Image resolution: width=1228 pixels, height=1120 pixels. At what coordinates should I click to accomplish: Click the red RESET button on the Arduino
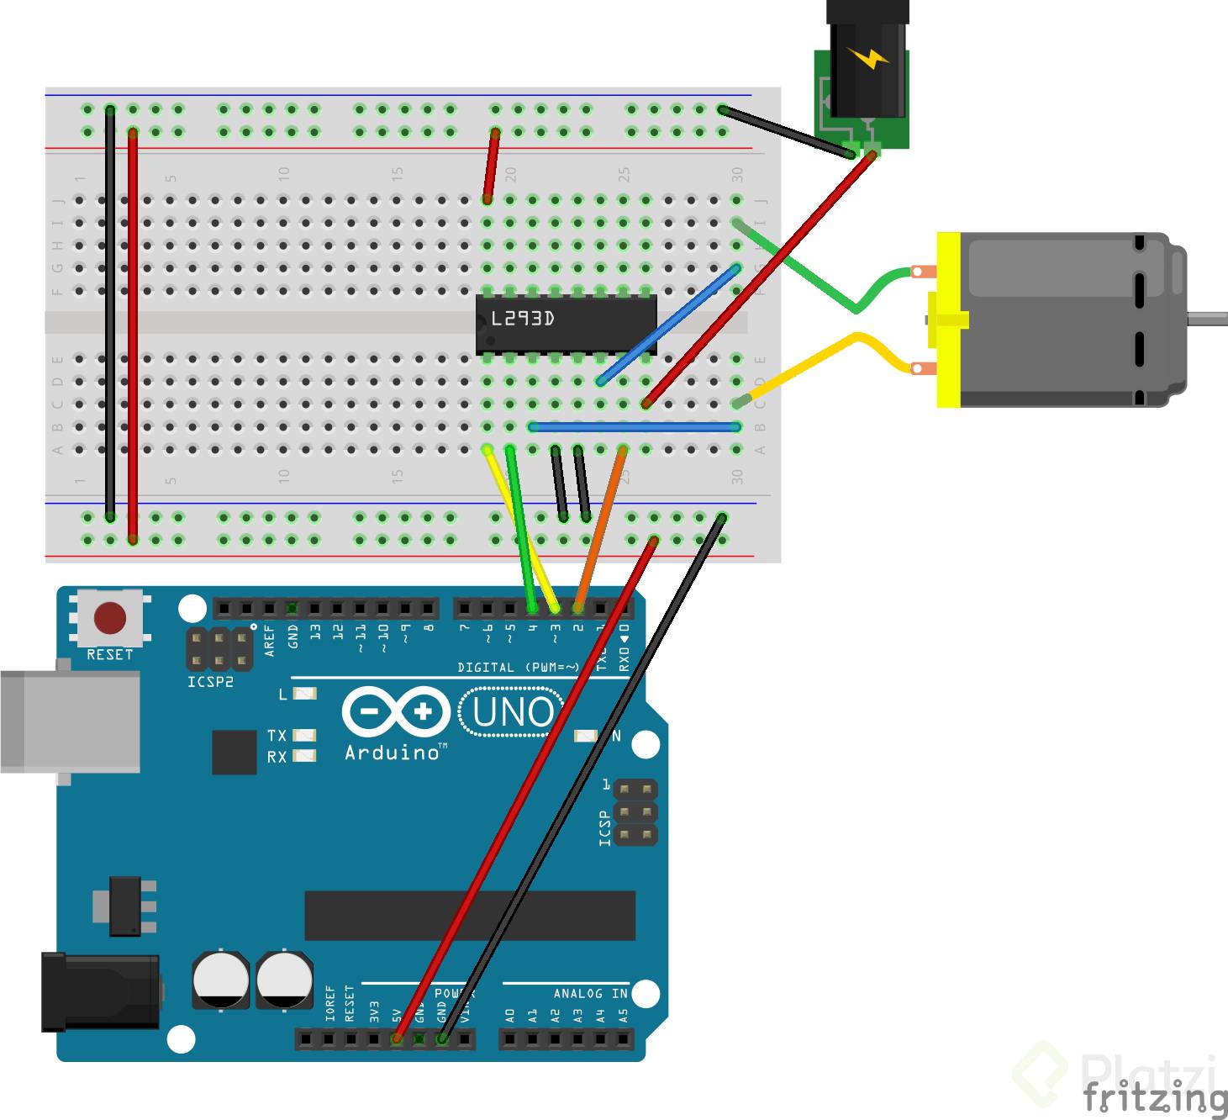click(x=110, y=618)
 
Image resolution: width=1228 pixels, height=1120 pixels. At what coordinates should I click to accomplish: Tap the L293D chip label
click(x=523, y=319)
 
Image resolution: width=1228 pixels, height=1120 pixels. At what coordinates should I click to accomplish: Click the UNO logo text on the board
click(x=512, y=713)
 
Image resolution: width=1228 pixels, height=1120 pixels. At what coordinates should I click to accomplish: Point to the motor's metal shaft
click(x=1208, y=319)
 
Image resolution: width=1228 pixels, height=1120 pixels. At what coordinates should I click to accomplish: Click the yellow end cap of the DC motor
click(x=948, y=320)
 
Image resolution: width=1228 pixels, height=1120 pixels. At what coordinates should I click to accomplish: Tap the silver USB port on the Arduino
click(x=71, y=721)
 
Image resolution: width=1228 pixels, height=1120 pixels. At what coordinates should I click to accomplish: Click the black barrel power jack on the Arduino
click(x=101, y=992)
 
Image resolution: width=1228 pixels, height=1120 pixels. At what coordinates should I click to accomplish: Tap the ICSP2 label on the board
click(x=210, y=682)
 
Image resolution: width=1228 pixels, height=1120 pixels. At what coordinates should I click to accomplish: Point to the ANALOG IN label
click(x=590, y=994)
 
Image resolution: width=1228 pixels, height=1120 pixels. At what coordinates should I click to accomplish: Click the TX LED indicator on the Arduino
click(x=304, y=735)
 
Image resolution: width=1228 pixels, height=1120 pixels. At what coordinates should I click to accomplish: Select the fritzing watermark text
click(x=1153, y=1097)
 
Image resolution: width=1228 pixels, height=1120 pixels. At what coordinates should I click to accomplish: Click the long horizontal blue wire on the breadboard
click(x=635, y=427)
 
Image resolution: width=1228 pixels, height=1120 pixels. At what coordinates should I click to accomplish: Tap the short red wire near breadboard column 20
click(x=491, y=166)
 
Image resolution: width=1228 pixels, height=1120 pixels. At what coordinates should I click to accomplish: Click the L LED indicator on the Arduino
click(x=304, y=695)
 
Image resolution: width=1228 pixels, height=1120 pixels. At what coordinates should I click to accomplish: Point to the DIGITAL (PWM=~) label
click(x=518, y=668)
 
